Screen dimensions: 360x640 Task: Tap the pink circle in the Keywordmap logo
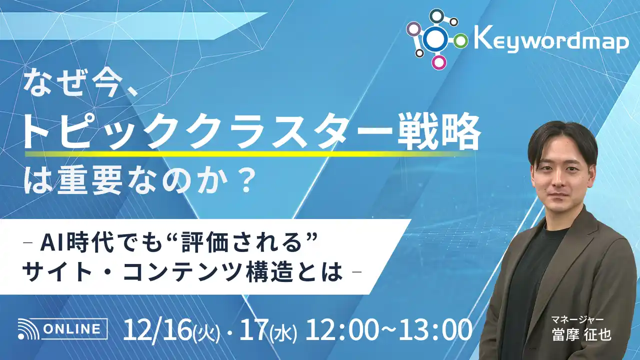point(438,62)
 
